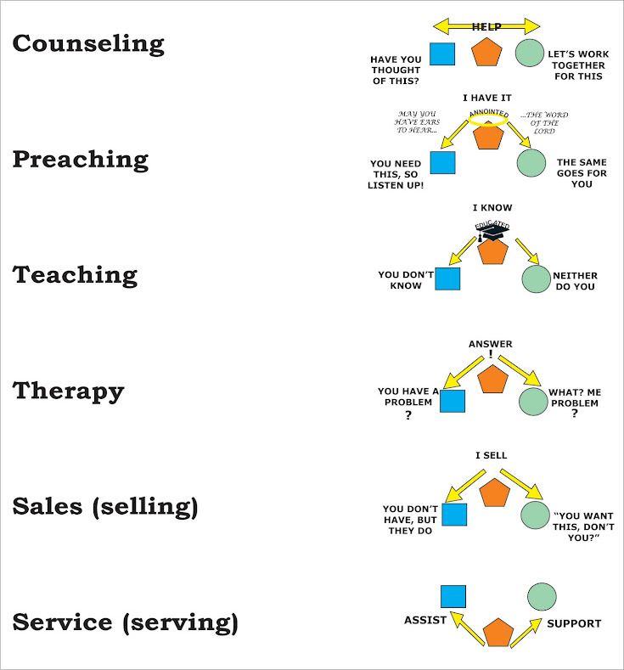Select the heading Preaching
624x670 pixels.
click(80, 160)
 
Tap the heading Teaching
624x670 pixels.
click(75, 274)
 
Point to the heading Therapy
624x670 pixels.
click(68, 391)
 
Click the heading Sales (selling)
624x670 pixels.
click(105, 506)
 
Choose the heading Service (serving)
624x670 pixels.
click(125, 622)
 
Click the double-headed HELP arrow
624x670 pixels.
click(486, 26)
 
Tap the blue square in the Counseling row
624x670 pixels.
click(441, 53)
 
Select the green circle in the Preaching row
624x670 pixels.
click(531, 162)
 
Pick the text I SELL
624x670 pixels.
click(491, 455)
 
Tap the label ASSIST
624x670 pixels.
click(425, 620)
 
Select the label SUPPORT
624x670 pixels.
click(574, 623)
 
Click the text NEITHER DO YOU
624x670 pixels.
click(576, 281)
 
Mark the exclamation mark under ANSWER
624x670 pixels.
click(491, 355)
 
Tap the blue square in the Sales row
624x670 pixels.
click(454, 515)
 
